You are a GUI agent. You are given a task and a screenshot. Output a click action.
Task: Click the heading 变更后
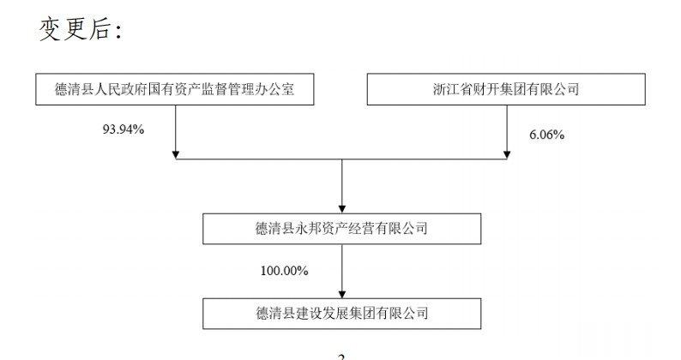click(x=74, y=29)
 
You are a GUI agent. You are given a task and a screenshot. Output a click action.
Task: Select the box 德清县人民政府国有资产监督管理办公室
click(x=175, y=89)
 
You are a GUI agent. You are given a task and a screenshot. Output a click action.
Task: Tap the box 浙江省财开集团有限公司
click(x=506, y=89)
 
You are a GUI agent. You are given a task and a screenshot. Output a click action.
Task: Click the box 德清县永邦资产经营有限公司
click(x=342, y=228)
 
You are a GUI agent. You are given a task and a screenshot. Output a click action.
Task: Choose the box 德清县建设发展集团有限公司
click(x=342, y=314)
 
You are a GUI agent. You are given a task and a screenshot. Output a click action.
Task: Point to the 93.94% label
click(x=124, y=129)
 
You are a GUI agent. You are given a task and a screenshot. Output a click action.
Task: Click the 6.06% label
click(x=546, y=135)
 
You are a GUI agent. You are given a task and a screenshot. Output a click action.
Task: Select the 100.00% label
click(x=284, y=271)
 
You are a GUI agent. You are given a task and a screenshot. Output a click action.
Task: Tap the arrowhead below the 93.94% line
click(x=176, y=154)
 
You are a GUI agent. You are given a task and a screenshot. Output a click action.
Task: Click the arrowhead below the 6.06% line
click(x=506, y=154)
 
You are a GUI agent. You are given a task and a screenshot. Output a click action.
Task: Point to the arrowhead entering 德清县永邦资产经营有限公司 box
click(x=342, y=209)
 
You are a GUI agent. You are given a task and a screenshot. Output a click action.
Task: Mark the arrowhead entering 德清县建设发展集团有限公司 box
click(x=342, y=294)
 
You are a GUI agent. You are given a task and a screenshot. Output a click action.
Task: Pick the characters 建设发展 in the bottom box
click(x=322, y=314)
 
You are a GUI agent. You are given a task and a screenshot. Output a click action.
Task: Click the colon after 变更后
click(x=118, y=31)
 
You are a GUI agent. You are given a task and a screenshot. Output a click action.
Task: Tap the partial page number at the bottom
click(x=341, y=357)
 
